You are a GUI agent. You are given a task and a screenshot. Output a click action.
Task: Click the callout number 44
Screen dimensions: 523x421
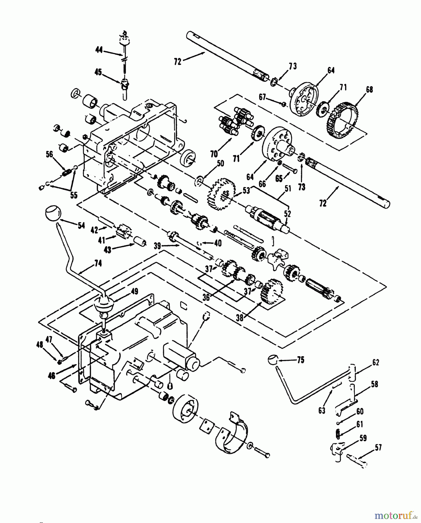[99, 51]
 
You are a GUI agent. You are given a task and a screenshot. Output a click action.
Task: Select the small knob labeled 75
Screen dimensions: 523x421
[272, 360]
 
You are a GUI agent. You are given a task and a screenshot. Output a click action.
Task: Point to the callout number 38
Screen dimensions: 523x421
[240, 318]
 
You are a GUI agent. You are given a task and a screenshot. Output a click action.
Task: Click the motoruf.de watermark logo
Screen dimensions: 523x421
[395, 515]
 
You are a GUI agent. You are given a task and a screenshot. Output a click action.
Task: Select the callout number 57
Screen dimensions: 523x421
[378, 448]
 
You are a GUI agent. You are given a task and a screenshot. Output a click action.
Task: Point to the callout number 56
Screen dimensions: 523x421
[50, 154]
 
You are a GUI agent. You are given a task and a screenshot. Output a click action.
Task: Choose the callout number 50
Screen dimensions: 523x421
[220, 163]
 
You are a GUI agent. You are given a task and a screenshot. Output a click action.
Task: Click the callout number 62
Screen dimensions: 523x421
[375, 363]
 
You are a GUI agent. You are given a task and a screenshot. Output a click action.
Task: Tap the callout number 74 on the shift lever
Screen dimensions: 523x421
[98, 264]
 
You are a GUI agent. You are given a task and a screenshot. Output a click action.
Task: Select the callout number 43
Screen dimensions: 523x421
[108, 250]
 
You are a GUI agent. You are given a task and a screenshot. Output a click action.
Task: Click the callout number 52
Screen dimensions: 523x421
[287, 214]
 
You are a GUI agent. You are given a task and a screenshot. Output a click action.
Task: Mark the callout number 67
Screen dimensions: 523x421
[263, 97]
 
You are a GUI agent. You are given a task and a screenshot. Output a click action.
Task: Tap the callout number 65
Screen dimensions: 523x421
[279, 178]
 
